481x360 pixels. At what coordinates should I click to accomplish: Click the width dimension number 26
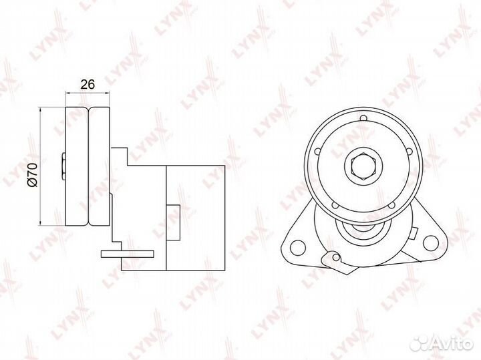click(x=88, y=84)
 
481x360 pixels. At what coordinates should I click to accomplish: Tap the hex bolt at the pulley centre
click(x=364, y=166)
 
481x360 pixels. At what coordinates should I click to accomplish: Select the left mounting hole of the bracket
click(x=297, y=248)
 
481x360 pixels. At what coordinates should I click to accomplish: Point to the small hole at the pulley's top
click(x=363, y=118)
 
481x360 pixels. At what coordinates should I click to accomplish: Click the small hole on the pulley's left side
click(x=318, y=151)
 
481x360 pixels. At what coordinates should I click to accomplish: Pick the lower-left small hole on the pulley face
click(x=335, y=205)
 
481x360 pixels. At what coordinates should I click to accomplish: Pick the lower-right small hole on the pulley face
click(x=391, y=206)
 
